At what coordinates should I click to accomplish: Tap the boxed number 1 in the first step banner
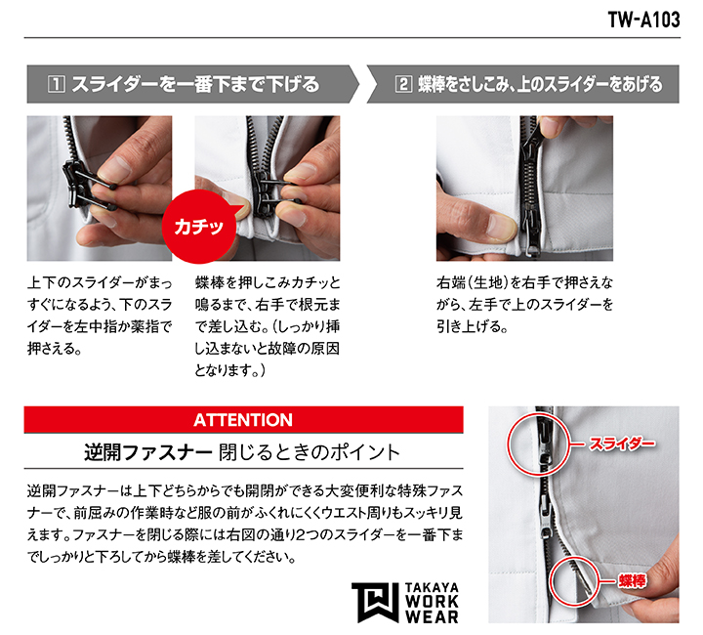click(56, 84)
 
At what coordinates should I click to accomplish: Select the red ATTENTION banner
click(243, 420)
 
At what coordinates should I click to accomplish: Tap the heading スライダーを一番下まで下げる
click(195, 84)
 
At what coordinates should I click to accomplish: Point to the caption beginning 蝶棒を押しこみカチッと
click(268, 326)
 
